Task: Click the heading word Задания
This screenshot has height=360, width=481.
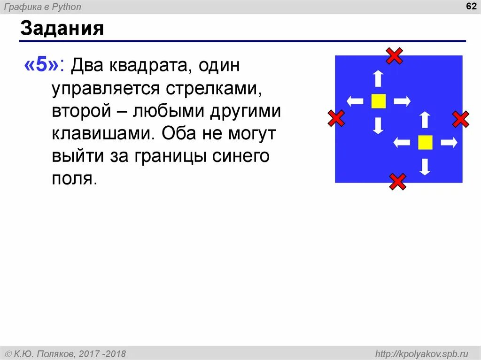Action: click(x=62, y=29)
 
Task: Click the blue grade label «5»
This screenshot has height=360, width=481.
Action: click(x=42, y=66)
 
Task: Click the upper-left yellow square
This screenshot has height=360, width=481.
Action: click(x=378, y=101)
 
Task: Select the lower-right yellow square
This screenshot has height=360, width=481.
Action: click(x=425, y=142)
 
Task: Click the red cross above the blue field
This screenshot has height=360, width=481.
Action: click(x=394, y=56)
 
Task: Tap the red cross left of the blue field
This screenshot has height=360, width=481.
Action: click(x=336, y=118)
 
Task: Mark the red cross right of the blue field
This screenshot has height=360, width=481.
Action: click(x=461, y=119)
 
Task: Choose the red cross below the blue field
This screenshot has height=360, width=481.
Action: click(x=397, y=181)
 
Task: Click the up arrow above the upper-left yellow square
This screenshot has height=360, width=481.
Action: click(x=378, y=78)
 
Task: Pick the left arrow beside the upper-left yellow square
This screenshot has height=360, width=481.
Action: click(x=355, y=101)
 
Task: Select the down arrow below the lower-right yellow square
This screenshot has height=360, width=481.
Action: click(x=425, y=167)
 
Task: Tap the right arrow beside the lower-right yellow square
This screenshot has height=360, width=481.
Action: click(x=449, y=142)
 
